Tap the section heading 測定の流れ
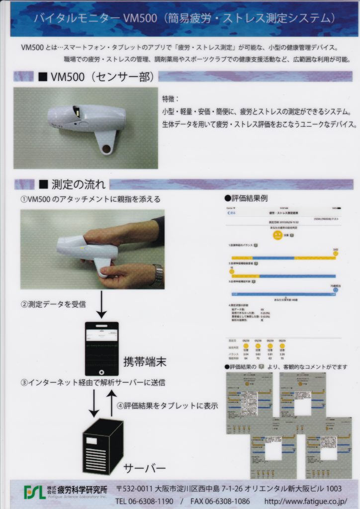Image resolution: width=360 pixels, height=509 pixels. [x=78, y=185]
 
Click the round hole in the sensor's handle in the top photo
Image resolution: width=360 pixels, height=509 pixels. [x=105, y=149]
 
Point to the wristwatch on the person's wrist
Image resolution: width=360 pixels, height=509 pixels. [x=158, y=275]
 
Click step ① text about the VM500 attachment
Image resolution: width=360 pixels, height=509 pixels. [x=90, y=199]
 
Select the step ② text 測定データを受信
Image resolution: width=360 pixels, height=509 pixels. [x=53, y=304]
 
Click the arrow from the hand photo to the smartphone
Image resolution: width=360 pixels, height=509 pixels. [x=101, y=304]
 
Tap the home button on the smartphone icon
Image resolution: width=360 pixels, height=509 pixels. [x=101, y=371]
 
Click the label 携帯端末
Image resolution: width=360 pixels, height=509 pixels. [x=144, y=361]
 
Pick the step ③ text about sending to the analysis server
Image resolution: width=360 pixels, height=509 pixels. [x=92, y=383]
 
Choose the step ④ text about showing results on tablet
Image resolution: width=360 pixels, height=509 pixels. [x=167, y=405]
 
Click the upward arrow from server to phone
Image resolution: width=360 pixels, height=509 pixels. [x=112, y=403]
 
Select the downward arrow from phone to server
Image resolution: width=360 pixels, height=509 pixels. [x=93, y=403]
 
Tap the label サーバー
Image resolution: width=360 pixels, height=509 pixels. [x=145, y=468]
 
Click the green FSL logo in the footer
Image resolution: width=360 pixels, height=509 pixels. [x=34, y=492]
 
